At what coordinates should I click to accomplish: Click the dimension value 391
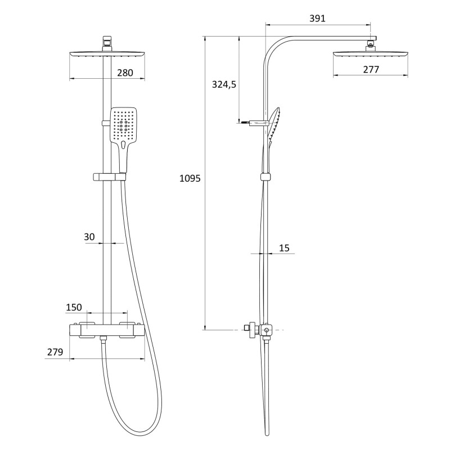(x=317, y=19)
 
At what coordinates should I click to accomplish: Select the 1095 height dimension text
(x=190, y=178)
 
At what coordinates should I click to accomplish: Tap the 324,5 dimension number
(x=224, y=85)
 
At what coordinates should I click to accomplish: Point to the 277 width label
(x=371, y=69)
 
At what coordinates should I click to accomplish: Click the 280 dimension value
(x=125, y=73)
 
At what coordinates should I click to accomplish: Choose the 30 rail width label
(x=89, y=237)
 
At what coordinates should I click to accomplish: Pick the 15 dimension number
(x=284, y=248)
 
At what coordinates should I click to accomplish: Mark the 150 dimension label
(x=74, y=307)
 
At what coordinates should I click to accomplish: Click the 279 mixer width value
(x=55, y=352)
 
